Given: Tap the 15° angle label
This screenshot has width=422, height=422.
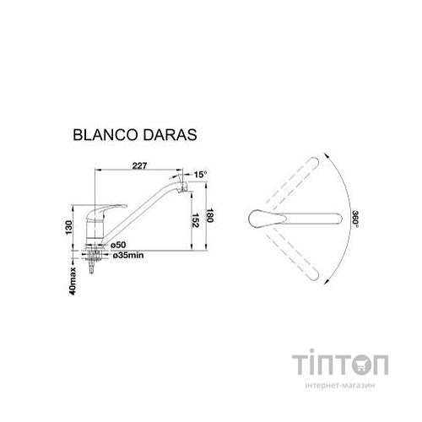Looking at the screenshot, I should [200, 174].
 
